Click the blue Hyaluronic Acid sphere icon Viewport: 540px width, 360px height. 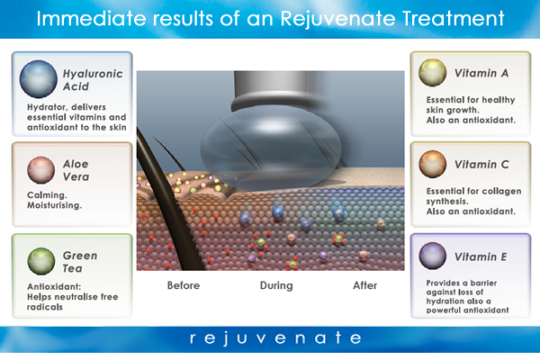(38, 79)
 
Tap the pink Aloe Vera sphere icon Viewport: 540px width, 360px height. (41, 170)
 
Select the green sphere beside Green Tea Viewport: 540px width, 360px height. (41, 261)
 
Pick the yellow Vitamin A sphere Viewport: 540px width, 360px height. (432, 72)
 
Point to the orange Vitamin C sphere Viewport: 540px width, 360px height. (432, 164)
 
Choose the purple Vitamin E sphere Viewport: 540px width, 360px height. (432, 256)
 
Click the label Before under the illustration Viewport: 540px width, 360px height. (184, 285)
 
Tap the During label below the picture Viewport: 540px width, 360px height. (276, 285)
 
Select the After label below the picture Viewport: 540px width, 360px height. (365, 285)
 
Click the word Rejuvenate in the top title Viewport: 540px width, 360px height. (337, 19)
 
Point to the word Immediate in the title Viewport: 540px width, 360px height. (91, 18)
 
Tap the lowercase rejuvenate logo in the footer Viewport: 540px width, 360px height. (275, 338)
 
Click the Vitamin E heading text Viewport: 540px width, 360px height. (481, 256)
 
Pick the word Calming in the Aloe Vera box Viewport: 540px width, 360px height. (47, 195)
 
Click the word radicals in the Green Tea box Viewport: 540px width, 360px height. (45, 307)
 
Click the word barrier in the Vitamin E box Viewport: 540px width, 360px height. (484, 283)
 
